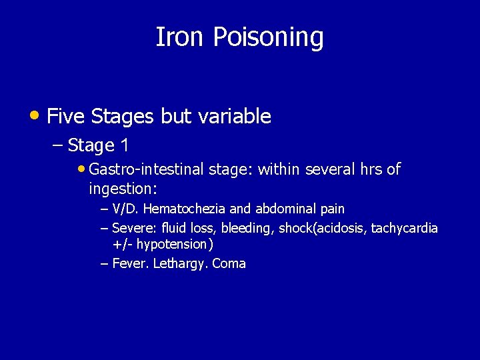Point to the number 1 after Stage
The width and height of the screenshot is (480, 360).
click(124, 145)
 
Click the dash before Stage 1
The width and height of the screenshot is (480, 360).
click(57, 145)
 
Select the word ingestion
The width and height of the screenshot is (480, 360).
click(121, 189)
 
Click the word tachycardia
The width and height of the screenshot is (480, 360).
click(405, 228)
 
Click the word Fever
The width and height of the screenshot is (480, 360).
click(130, 263)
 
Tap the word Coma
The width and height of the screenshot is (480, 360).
click(229, 263)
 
